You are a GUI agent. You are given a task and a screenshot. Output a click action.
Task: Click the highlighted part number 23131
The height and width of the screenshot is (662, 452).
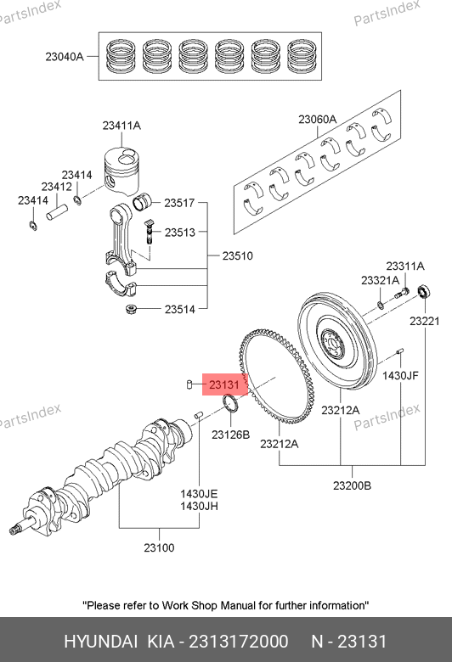pyautogui.click(x=224, y=384)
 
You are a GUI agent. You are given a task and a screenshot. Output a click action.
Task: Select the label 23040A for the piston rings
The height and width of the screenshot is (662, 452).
pyautogui.click(x=65, y=57)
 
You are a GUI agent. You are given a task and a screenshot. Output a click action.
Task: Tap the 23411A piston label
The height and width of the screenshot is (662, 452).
pyautogui.click(x=121, y=126)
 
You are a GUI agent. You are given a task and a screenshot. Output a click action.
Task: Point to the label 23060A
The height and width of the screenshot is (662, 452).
pyautogui.click(x=318, y=120)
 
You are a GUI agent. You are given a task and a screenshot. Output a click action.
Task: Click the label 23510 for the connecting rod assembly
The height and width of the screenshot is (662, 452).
pyautogui.click(x=238, y=255)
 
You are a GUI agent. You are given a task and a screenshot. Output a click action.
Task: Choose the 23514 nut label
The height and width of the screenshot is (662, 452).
pyautogui.click(x=180, y=309)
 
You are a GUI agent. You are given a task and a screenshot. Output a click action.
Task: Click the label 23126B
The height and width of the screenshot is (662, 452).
pyautogui.click(x=231, y=435)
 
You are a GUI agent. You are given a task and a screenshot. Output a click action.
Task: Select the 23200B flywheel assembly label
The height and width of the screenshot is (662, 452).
pyautogui.click(x=353, y=485)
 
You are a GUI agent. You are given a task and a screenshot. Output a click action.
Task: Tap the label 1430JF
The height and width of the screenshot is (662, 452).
pyautogui.click(x=400, y=375)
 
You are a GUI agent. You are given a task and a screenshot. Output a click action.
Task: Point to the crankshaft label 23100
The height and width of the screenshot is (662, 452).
pyautogui.click(x=159, y=547)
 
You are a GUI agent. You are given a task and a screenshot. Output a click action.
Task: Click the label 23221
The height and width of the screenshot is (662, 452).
pyautogui.click(x=425, y=321)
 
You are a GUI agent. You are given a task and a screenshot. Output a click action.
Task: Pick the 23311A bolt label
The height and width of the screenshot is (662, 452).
pyautogui.click(x=405, y=266)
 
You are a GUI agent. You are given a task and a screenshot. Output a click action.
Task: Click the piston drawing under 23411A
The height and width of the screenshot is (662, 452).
pyautogui.click(x=121, y=171)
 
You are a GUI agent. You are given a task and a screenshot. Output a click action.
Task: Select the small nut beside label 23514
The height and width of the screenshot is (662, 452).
pyautogui.click(x=131, y=310)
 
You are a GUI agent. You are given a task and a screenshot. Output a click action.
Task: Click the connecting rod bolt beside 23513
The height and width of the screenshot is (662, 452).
pyautogui.click(x=149, y=232)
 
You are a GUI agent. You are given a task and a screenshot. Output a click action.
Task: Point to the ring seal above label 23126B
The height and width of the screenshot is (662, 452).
pyautogui.click(x=231, y=406)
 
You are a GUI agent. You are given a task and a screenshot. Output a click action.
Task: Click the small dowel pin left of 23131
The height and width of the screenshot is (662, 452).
pyautogui.click(x=189, y=384)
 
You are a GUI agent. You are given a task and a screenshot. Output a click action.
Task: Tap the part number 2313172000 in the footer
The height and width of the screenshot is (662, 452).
pyautogui.click(x=239, y=642)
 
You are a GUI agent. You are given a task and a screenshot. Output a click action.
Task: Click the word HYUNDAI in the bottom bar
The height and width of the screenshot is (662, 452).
pyautogui.click(x=100, y=642)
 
